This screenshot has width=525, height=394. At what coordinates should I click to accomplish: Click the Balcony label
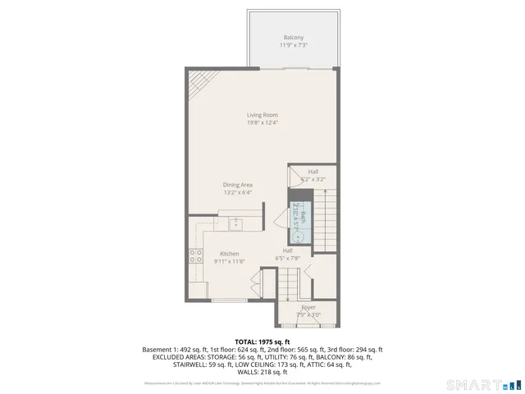coord(294,38)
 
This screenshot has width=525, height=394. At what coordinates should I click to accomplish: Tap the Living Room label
coord(262,115)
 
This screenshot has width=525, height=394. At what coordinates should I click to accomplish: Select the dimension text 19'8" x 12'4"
coord(262,123)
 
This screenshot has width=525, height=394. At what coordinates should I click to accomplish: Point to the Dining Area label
coord(237,185)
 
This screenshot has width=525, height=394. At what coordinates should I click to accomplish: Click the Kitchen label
coord(229,254)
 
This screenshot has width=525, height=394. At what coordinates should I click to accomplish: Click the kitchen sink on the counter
coord(235,222)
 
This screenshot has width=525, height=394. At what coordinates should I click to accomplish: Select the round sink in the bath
coord(299,236)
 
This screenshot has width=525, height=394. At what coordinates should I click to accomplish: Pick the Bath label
coord(303,216)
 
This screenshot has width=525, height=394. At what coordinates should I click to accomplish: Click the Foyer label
coord(308,308)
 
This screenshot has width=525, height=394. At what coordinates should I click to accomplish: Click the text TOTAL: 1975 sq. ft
coord(262,341)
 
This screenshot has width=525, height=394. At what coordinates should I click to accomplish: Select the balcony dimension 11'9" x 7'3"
coord(294,46)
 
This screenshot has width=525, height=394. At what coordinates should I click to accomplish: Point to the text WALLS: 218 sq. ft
coord(262,372)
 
